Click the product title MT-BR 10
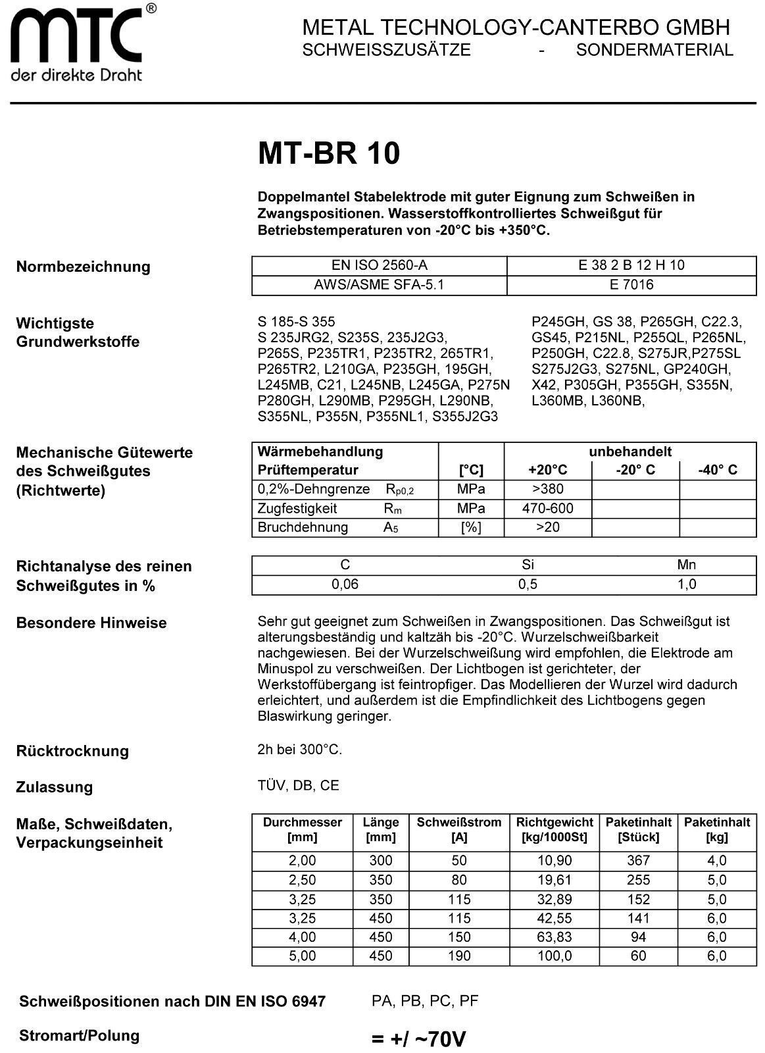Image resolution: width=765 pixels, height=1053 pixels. (x=328, y=153)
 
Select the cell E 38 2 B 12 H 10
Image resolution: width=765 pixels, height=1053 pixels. (x=631, y=265)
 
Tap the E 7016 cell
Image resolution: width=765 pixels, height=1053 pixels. (x=631, y=285)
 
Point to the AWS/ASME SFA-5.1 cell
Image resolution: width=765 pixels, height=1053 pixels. (x=379, y=285)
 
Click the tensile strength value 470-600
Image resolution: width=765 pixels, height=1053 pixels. (x=547, y=508)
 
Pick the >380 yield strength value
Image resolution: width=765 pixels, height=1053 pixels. (x=547, y=489)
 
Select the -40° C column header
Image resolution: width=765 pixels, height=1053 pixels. (x=717, y=470)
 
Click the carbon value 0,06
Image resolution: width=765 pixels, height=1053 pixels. (x=345, y=584)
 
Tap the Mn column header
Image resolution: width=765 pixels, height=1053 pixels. (x=686, y=565)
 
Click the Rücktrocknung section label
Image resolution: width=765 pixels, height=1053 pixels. (x=72, y=751)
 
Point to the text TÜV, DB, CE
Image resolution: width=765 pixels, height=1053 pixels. (x=299, y=786)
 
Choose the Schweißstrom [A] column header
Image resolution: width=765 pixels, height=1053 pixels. (x=458, y=830)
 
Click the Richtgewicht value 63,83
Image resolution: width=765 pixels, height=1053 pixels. (x=555, y=937)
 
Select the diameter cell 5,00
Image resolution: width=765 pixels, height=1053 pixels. (x=302, y=956)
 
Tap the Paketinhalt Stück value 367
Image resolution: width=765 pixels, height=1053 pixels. (x=638, y=860)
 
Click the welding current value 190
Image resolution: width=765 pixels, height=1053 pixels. (x=458, y=956)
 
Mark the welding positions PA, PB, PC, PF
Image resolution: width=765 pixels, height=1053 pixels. (x=424, y=1001)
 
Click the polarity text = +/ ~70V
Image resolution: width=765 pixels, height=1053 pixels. (x=418, y=1039)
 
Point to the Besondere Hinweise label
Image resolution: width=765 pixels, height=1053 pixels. (x=91, y=623)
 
